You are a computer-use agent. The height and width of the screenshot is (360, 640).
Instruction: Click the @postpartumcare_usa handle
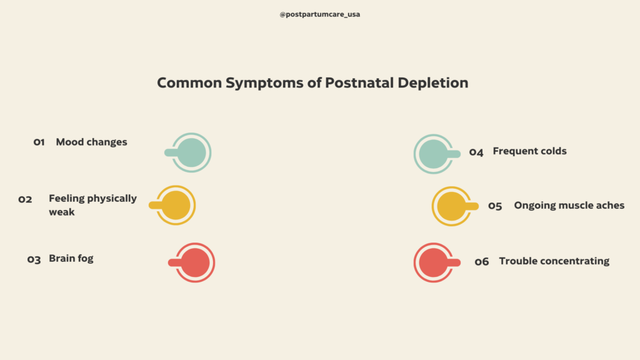(x=319, y=14)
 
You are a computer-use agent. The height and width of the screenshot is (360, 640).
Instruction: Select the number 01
(x=39, y=142)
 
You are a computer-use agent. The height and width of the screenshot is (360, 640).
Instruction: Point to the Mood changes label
(x=91, y=142)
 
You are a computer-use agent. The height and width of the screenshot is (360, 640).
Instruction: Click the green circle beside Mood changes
(x=192, y=152)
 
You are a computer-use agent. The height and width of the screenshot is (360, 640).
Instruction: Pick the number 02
(x=25, y=199)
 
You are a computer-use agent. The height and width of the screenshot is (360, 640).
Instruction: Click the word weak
(x=62, y=212)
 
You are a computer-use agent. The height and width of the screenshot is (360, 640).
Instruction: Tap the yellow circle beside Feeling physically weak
(x=176, y=205)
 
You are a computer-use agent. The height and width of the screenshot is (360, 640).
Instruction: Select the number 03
(x=34, y=259)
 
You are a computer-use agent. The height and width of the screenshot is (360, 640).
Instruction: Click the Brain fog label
(x=71, y=259)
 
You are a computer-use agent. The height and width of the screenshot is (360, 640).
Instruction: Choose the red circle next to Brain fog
(x=195, y=262)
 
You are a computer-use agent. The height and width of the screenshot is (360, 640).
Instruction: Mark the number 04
(x=476, y=152)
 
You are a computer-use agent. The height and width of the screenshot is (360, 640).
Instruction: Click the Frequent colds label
(x=529, y=151)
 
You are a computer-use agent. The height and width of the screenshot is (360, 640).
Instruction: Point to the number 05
(x=495, y=206)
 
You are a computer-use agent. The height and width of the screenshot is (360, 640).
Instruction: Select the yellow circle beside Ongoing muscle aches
(x=451, y=206)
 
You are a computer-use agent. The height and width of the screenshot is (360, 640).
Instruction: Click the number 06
(x=481, y=262)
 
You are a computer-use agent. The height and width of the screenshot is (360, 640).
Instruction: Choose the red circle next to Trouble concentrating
(x=433, y=262)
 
